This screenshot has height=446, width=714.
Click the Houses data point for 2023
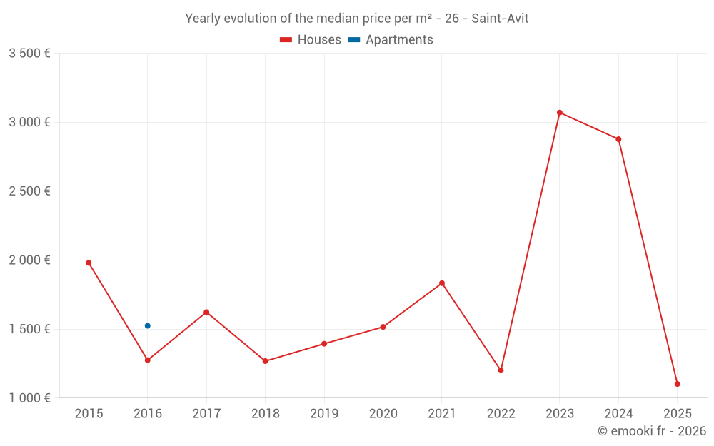(x=560, y=113)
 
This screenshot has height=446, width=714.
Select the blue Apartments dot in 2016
(x=148, y=326)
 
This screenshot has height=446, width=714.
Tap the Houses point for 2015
(x=89, y=263)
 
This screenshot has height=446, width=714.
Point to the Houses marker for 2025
(x=677, y=384)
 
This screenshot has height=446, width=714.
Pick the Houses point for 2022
(x=501, y=370)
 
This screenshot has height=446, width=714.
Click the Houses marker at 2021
(x=442, y=283)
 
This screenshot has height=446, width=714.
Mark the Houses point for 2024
(x=618, y=139)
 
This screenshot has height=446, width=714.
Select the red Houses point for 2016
(x=148, y=360)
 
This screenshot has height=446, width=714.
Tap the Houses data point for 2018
(x=265, y=361)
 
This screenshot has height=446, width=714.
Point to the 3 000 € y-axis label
(x=29, y=122)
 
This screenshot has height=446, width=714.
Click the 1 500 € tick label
(x=29, y=329)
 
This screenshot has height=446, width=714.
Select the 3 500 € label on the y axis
(x=29, y=54)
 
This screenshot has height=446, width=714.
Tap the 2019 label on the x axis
(x=324, y=414)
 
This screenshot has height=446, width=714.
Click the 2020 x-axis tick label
(x=383, y=414)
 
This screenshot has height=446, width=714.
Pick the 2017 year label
(x=206, y=414)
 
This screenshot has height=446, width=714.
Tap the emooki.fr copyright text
(x=651, y=431)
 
